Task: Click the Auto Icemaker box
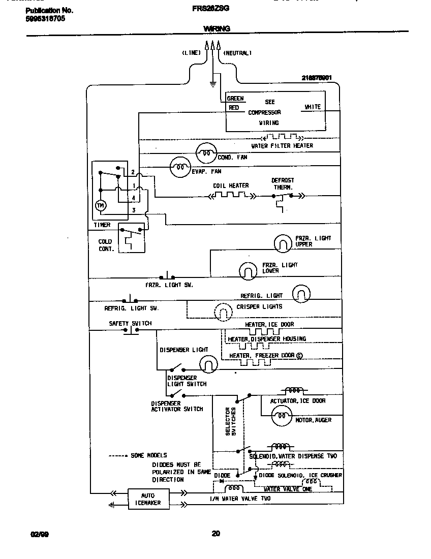[x=148, y=499]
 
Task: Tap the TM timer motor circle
[x=100, y=205]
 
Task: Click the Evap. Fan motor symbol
[x=179, y=166]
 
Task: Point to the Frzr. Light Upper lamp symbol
[x=283, y=243]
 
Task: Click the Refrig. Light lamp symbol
[x=301, y=294]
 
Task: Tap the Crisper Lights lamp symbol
[x=223, y=310]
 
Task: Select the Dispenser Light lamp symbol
[x=208, y=363]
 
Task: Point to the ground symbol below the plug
[x=213, y=83]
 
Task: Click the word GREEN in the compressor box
[x=235, y=99]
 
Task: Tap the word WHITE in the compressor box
[x=313, y=107]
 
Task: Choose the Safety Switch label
[x=130, y=324]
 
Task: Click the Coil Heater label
[x=231, y=186]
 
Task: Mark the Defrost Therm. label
[x=283, y=184]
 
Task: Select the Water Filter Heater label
[x=282, y=146]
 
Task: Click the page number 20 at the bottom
[x=216, y=534]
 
